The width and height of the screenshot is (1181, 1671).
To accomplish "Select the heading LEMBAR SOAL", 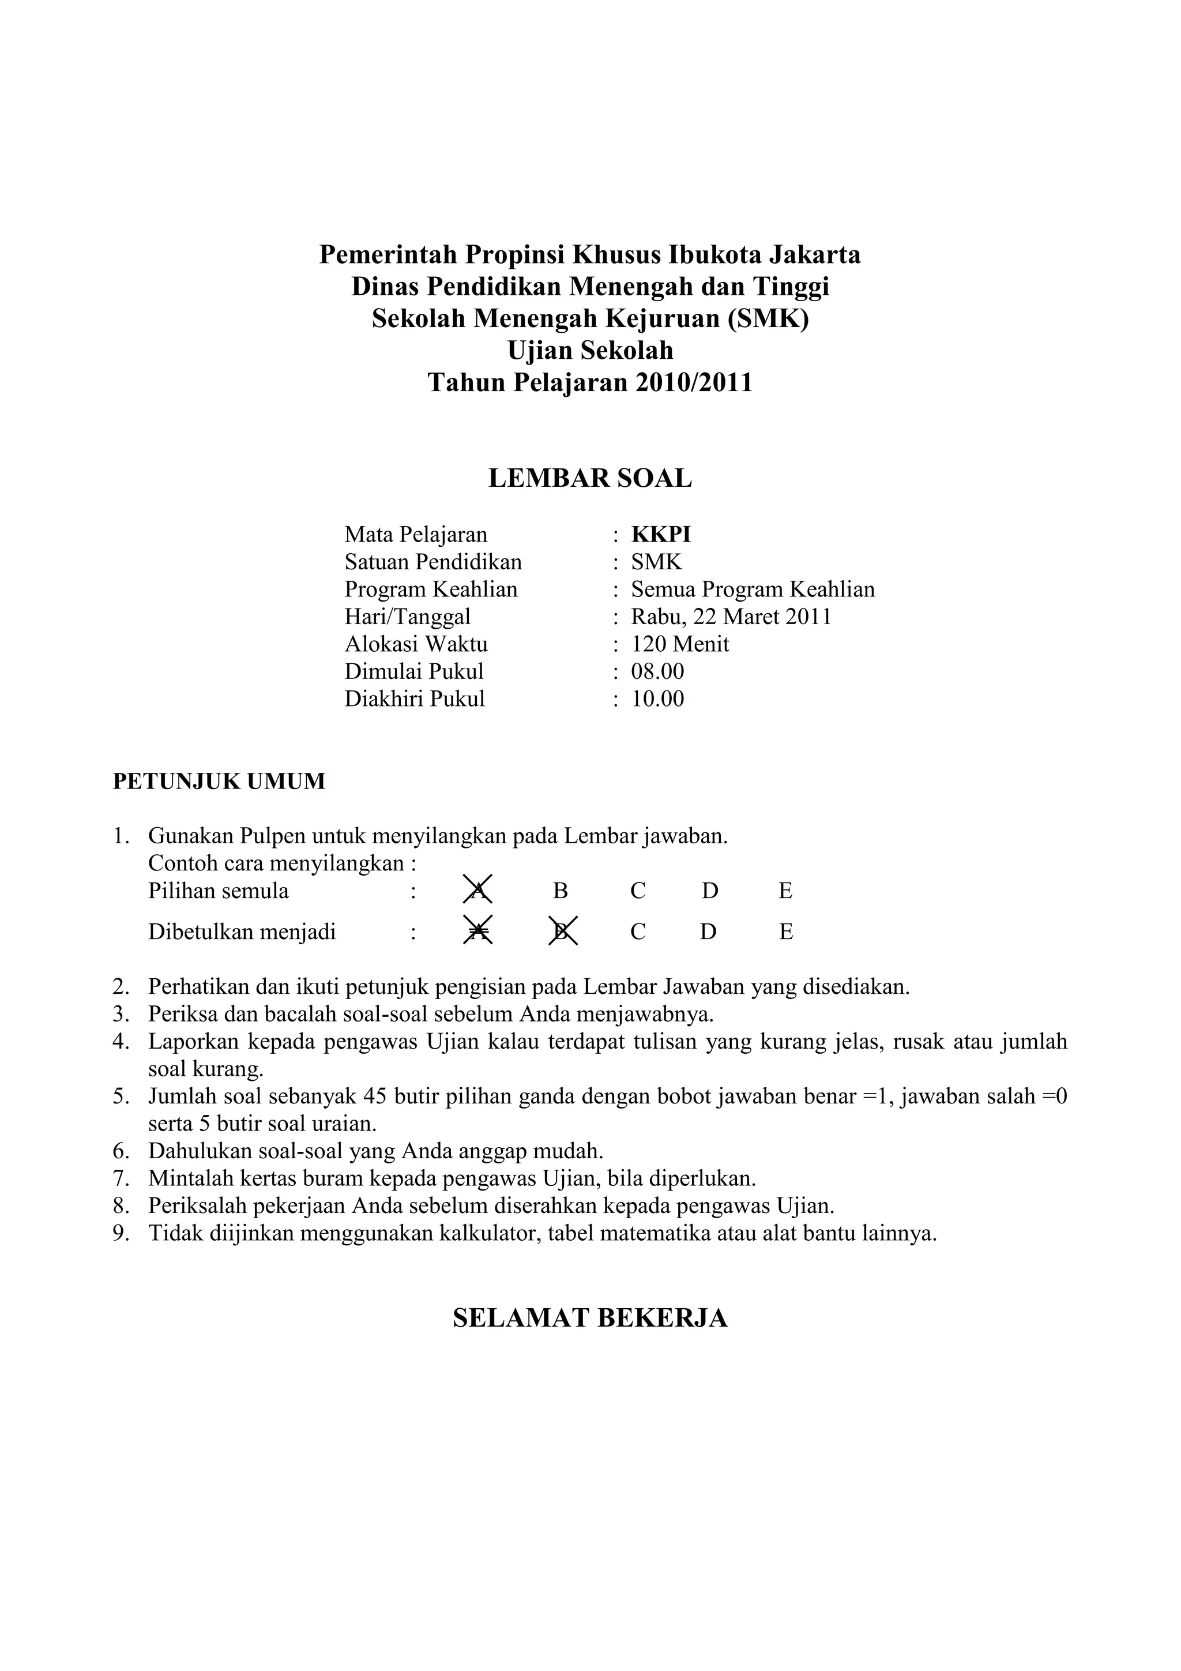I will click(589, 478).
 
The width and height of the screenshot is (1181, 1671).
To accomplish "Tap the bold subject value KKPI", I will click(661, 534).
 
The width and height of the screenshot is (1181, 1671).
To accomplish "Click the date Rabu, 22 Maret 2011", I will click(731, 617).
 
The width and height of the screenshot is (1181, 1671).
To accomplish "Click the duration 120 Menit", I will click(680, 644).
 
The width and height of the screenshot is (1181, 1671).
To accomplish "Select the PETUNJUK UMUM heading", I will click(219, 782).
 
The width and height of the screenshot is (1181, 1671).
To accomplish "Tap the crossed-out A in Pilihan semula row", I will click(477, 890).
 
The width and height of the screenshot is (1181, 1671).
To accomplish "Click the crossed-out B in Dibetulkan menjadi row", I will click(562, 932).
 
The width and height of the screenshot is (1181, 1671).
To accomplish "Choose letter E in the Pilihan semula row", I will click(785, 891).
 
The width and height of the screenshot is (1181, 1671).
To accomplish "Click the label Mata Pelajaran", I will click(416, 534).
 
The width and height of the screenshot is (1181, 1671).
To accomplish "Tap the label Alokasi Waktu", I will click(416, 644).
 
